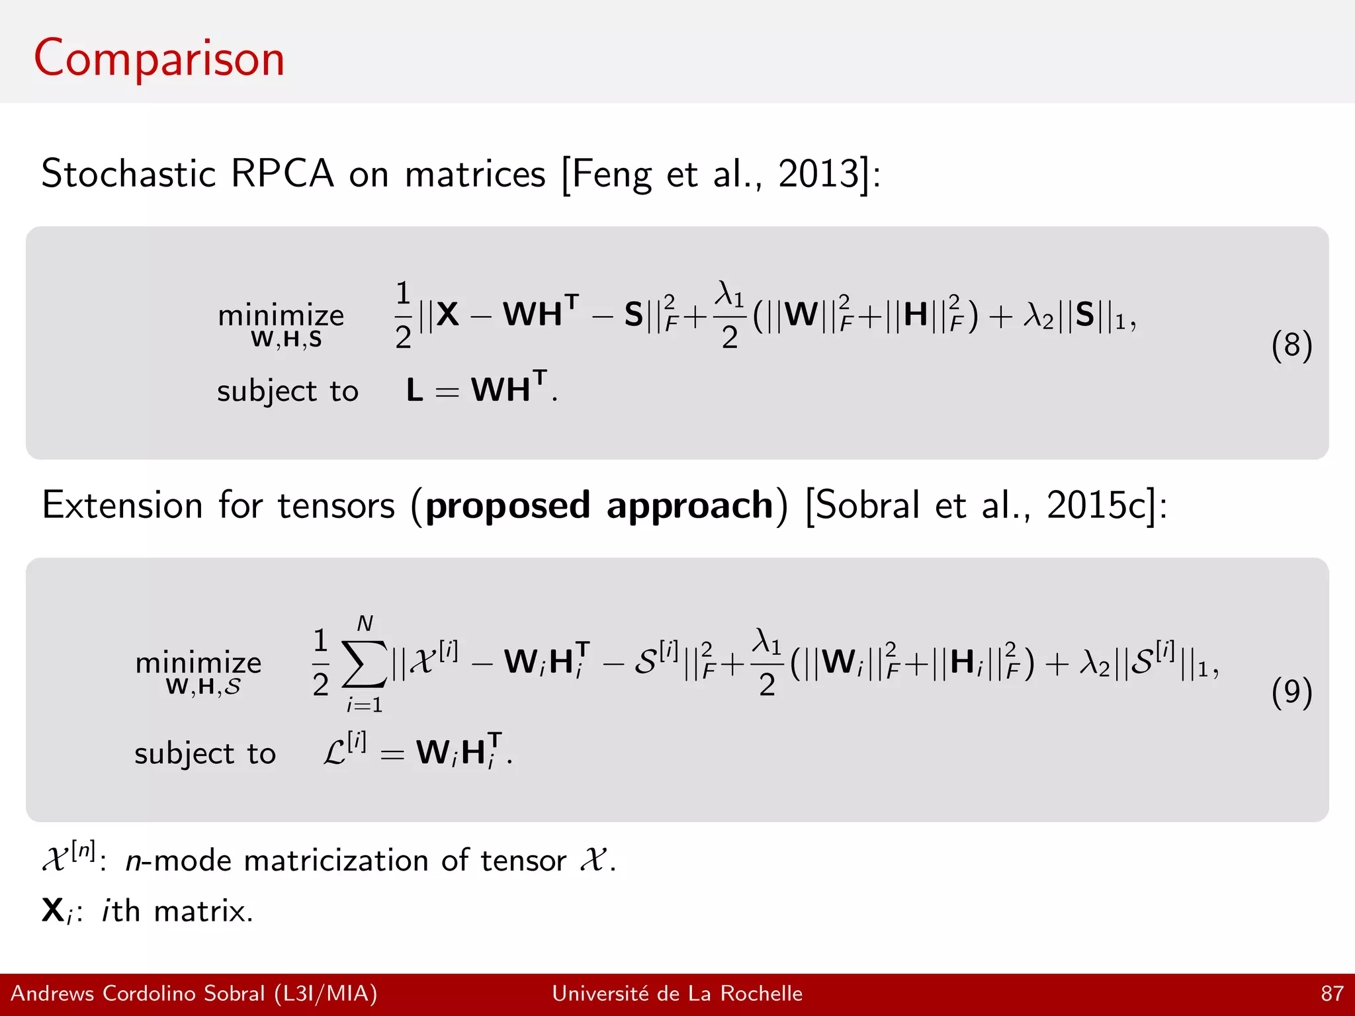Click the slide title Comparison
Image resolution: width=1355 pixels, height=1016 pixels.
click(159, 60)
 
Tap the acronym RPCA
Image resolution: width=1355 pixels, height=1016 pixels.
click(283, 174)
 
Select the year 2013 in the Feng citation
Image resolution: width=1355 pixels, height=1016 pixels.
click(818, 174)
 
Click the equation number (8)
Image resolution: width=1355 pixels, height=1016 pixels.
click(1291, 345)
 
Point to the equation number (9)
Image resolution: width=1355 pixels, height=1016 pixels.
click(1291, 692)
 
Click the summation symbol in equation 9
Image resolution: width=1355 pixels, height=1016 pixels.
click(364, 665)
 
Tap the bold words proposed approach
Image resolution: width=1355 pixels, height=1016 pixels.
click(599, 506)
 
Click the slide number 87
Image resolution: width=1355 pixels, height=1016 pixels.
click(1332, 994)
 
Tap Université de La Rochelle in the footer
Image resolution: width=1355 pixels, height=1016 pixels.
click(677, 994)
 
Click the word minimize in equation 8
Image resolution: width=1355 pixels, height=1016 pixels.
click(281, 316)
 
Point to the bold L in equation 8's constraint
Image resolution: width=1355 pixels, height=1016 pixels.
click(415, 390)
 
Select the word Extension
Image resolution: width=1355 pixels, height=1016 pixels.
click(122, 506)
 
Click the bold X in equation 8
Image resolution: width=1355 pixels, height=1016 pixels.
click(447, 314)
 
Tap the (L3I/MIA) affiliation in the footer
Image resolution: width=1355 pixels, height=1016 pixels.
click(326, 994)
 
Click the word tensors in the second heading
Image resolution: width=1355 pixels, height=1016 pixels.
click(336, 506)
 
